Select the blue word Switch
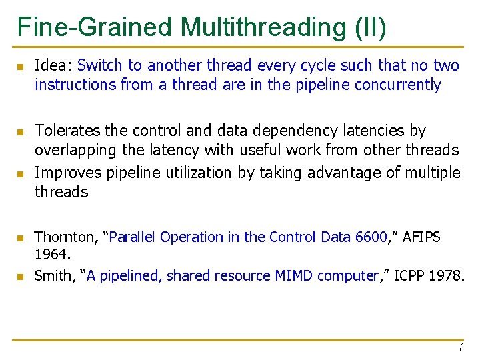100,65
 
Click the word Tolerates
66,131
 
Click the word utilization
196,173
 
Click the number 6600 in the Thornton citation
370,237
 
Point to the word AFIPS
419,237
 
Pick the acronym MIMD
295,275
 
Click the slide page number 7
459,347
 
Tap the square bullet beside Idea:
21,67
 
